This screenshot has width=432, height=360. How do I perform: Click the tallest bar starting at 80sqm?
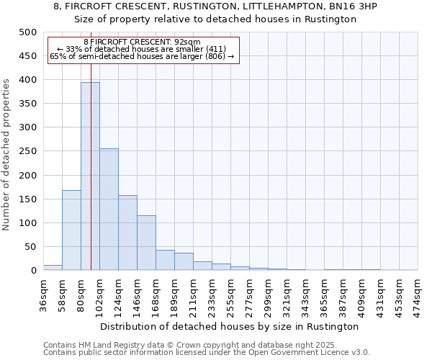[x=90, y=176]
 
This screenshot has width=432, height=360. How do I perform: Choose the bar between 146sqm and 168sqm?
[x=146, y=243]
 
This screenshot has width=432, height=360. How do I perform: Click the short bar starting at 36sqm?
[x=53, y=268]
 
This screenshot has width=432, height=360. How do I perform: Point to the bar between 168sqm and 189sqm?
[x=165, y=260]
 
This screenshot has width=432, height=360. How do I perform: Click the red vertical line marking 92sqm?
[x=91, y=144]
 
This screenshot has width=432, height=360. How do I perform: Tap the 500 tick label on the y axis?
[x=28, y=32]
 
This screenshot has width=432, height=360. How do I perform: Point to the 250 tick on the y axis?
[x=28, y=151]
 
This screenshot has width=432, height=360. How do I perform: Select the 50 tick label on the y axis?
[x=31, y=247]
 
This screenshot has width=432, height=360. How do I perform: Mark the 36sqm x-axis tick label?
[x=43, y=294]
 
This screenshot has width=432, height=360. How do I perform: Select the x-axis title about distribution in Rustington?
[x=230, y=326]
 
